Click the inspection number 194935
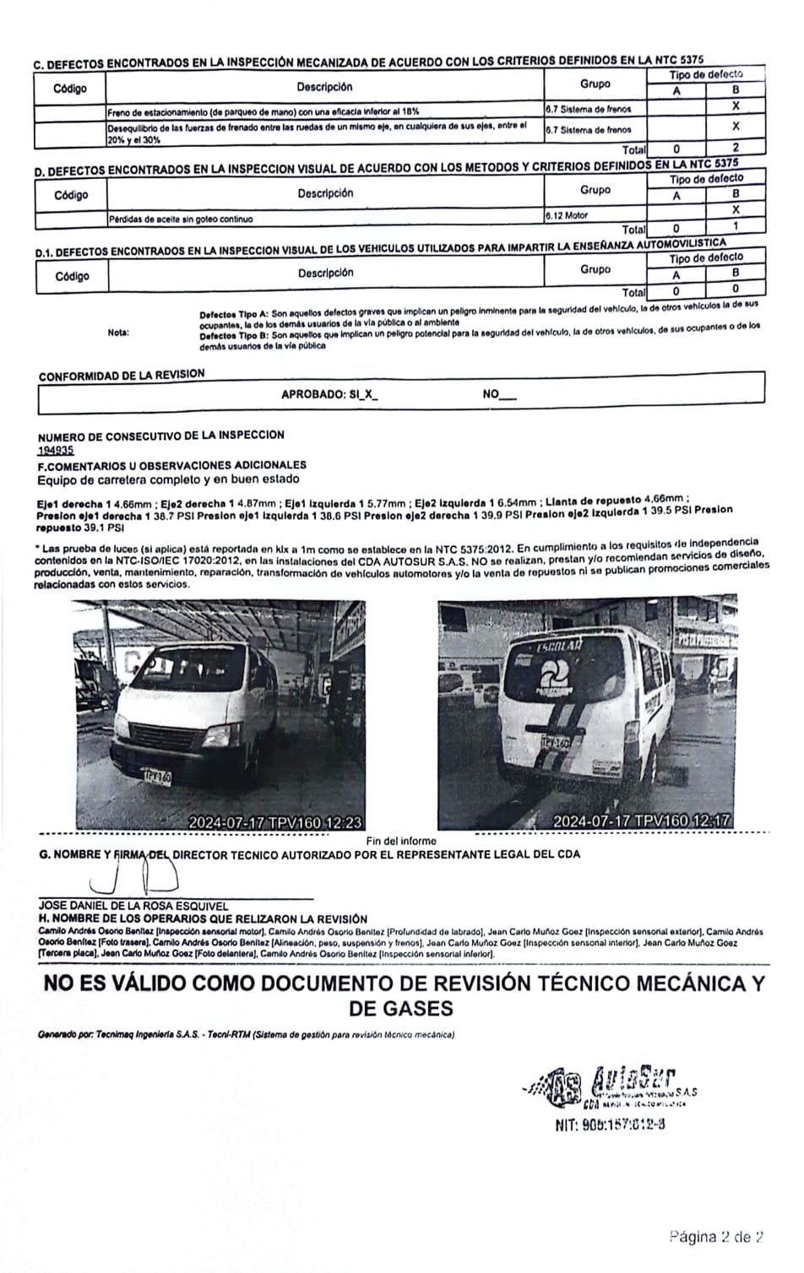[x=56, y=450]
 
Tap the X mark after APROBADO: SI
[x=368, y=394]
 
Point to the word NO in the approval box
[x=491, y=393]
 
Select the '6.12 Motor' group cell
[x=567, y=216]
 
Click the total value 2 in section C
[x=735, y=147]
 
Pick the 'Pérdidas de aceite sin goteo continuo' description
[x=181, y=219]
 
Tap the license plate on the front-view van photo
[x=157, y=776]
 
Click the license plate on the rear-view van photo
[x=555, y=742]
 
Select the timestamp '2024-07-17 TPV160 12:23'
[x=275, y=821]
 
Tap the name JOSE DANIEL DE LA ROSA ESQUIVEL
[x=133, y=906]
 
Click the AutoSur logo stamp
[x=617, y=1085]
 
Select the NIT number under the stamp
[x=610, y=1124]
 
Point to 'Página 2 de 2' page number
[x=717, y=1238]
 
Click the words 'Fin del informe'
[x=401, y=841]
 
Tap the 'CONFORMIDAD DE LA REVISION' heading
[x=122, y=375]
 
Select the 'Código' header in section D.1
[x=72, y=276]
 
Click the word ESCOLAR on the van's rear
[x=559, y=647]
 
